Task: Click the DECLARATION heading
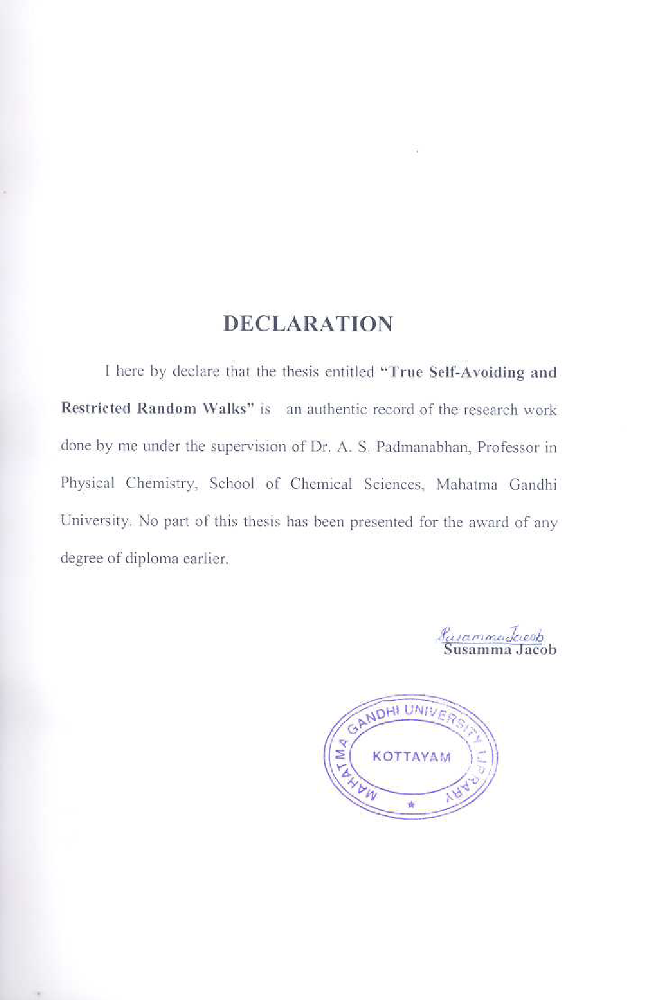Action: [x=308, y=324]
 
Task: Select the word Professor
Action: [x=507, y=447]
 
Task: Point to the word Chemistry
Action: [x=161, y=484]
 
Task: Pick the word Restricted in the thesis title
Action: [x=95, y=409]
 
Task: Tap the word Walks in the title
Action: [x=228, y=409]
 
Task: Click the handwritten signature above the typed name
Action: [x=491, y=635]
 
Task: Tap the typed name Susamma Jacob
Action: [x=500, y=649]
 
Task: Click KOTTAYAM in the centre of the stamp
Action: [x=411, y=756]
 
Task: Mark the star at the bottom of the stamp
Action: [x=411, y=804]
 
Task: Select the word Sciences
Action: [x=394, y=484]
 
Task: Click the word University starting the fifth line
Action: [x=95, y=521]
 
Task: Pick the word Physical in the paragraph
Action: [x=87, y=484]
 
